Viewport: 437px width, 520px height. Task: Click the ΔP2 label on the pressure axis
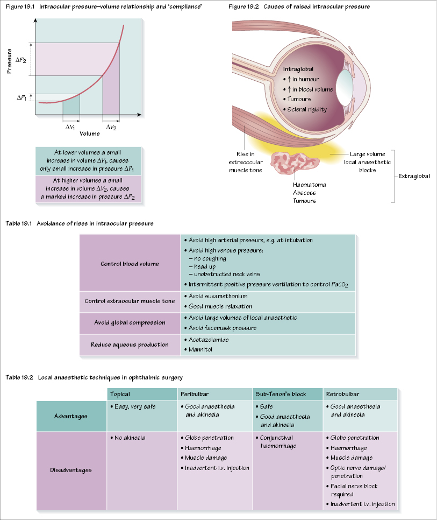tap(20, 60)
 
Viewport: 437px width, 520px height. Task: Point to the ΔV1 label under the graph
tap(70, 127)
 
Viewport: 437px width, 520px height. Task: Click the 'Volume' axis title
tap(89, 133)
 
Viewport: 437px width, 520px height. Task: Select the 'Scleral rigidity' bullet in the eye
tap(306, 109)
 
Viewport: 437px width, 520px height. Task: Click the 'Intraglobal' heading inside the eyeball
tap(298, 69)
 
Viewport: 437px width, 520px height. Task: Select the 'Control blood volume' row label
tap(130, 264)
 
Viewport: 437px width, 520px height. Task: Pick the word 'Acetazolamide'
tap(207, 340)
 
